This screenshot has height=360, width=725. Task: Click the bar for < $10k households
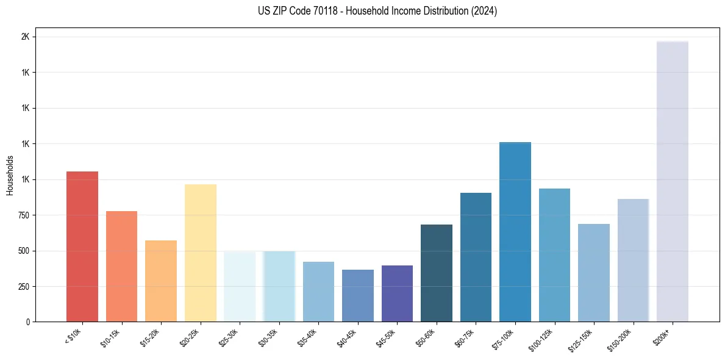point(82,247)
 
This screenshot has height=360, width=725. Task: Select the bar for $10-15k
point(121,266)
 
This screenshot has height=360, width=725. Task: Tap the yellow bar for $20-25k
point(200,253)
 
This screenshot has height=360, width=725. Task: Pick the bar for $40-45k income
point(357,295)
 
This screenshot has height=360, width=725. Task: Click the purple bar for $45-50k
point(397,293)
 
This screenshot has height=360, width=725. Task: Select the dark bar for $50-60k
point(437,273)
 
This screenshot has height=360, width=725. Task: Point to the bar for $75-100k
point(515,232)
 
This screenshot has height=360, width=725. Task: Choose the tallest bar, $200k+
point(673,181)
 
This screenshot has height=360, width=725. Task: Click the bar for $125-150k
point(594,273)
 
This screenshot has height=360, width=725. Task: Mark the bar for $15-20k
point(161,281)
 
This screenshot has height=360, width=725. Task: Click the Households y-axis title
point(10,175)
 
